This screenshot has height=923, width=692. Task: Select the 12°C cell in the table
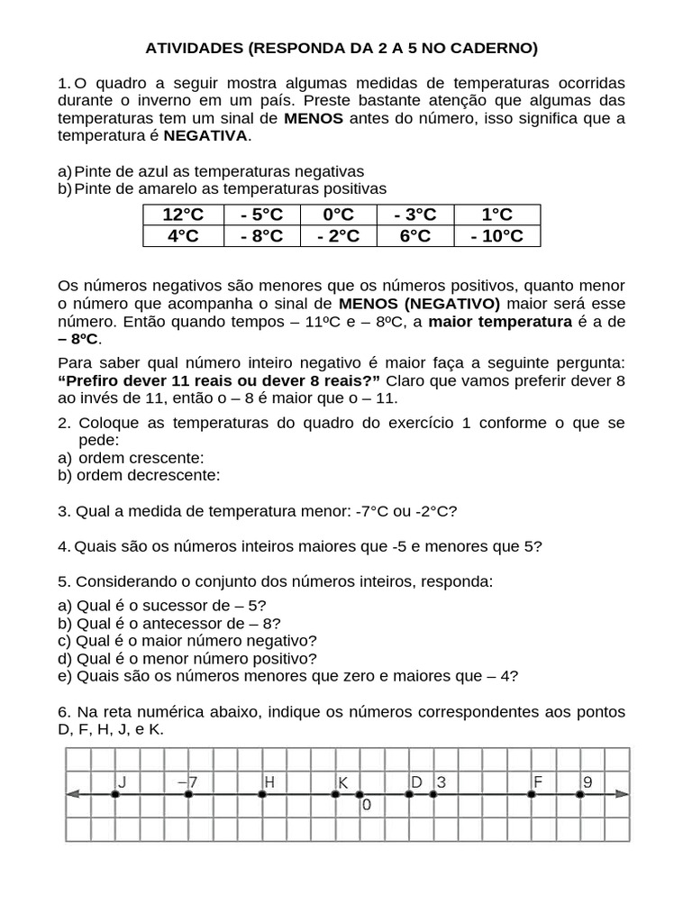pos(183,215)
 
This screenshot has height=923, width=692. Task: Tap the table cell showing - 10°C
pos(496,236)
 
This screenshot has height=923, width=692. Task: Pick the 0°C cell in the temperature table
pos(338,215)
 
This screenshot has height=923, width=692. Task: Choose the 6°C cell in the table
pos(415,236)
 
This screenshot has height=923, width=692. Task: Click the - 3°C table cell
pos(415,215)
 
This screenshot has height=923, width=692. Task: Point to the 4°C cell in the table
pos(183,236)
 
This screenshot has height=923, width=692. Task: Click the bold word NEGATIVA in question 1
pos(205,136)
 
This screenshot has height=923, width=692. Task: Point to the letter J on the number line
pos(121,781)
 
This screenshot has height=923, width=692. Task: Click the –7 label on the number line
pos(187,781)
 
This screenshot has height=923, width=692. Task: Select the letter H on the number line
pos(269,781)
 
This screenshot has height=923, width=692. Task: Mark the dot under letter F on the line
pos(531,794)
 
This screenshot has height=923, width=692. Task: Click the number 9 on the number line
pos(587,781)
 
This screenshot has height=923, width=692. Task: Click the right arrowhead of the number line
pos(621,794)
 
